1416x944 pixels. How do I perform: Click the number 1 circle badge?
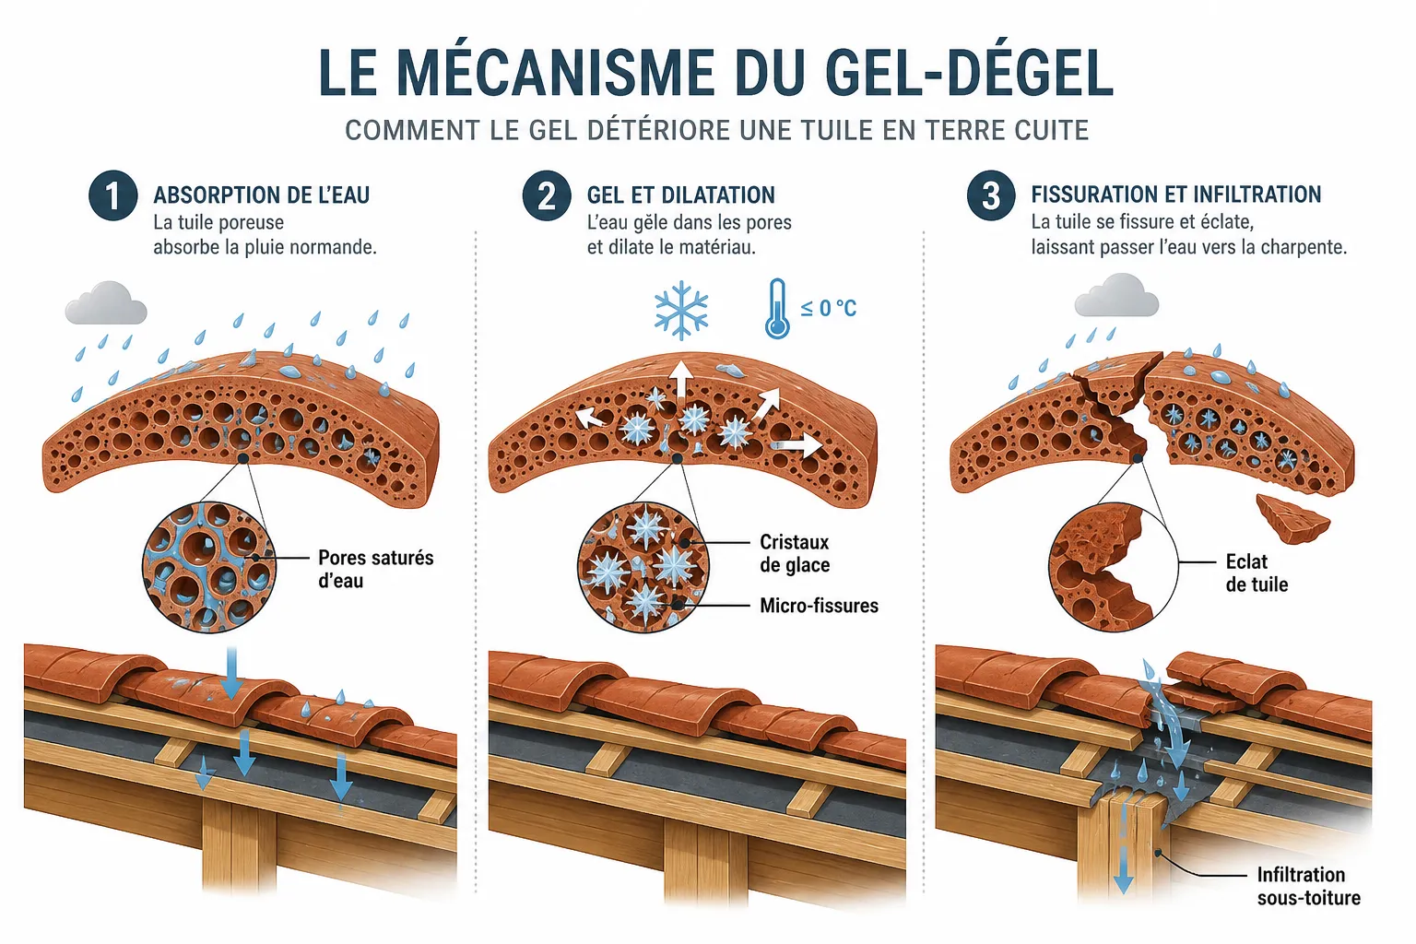coord(113,195)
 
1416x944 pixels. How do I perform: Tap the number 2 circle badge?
coord(547,195)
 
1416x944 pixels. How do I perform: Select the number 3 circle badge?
coord(991,195)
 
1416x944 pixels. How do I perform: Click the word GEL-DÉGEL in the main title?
coord(968,73)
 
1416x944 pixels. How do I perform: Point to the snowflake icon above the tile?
coord(681,310)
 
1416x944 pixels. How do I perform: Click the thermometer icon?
coord(777,309)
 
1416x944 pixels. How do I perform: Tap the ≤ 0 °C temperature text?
coord(828,309)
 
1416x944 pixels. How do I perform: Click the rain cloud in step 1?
coord(106,303)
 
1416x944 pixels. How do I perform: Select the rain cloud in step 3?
coord(1117,295)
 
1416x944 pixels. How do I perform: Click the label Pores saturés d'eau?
coord(375,569)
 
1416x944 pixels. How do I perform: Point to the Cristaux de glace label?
coord(795,553)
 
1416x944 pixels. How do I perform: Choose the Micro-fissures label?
coord(819,606)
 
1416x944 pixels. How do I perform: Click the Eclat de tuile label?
coord(1257,572)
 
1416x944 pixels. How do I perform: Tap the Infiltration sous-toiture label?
coord(1308,886)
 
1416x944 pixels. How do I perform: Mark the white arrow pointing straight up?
coord(680,379)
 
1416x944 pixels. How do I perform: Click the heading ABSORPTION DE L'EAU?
coord(262,195)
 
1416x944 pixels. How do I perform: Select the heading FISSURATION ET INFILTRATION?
coord(1175,195)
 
